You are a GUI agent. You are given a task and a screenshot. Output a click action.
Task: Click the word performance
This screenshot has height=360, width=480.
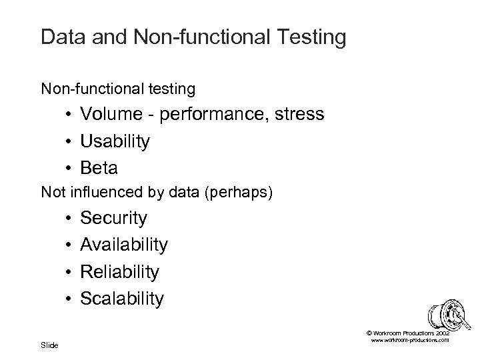(212, 115)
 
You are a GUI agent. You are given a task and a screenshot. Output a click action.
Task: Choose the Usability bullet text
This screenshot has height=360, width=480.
(115, 142)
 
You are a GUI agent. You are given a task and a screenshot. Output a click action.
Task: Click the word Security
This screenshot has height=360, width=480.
(113, 218)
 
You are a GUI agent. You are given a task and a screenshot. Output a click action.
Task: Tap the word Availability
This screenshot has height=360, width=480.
(124, 245)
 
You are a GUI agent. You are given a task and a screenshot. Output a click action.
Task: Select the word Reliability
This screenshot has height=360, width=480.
(119, 272)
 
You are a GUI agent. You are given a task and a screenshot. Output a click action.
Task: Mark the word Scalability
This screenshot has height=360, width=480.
(121, 299)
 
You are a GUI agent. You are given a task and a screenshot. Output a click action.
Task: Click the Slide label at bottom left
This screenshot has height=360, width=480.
(49, 345)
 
